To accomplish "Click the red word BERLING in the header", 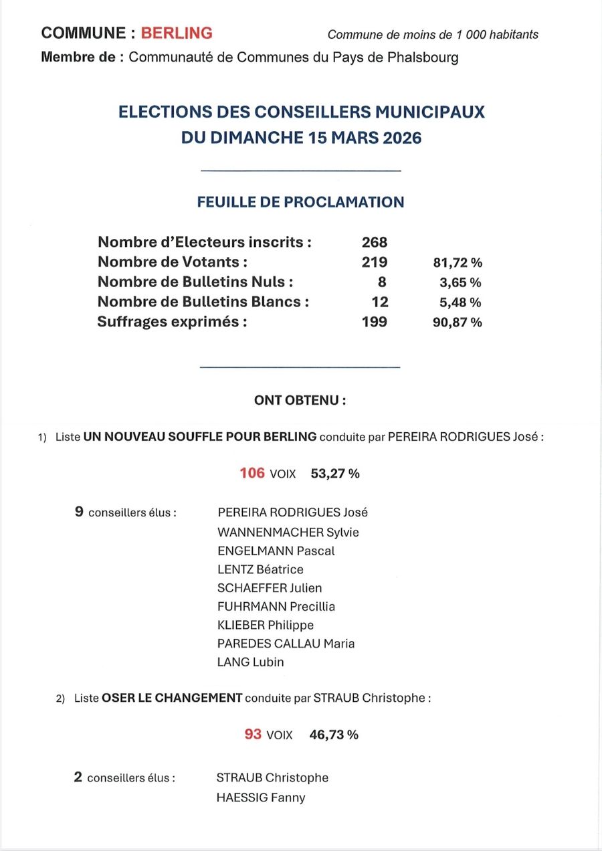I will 177,33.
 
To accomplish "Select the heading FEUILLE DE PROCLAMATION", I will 300,202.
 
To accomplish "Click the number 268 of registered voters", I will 375,242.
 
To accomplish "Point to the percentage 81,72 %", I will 458,263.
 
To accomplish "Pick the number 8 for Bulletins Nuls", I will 382,282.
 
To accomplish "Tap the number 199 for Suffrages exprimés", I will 375,322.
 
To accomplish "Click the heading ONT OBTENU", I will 300,401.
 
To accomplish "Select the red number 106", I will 252,474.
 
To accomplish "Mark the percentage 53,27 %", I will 335,474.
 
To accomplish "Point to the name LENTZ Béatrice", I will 260,569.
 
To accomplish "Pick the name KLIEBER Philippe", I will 266,625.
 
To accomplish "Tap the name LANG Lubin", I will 251,662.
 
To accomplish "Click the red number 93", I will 253,734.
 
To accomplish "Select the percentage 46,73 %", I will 334,735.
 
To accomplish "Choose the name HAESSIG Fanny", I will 261,797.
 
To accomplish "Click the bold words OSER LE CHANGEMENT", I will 172,698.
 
